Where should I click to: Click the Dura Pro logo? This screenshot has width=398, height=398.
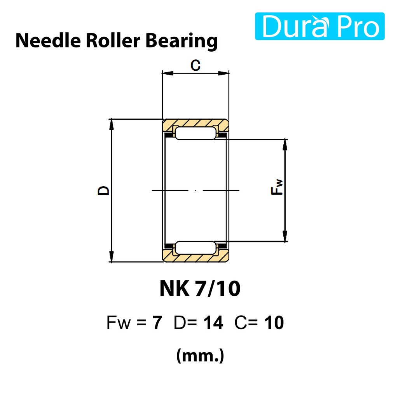pos(319,26)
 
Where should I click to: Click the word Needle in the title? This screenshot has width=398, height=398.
pos(48,40)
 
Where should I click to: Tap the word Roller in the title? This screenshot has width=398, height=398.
pos(113,40)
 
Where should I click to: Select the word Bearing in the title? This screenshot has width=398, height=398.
pos(182,41)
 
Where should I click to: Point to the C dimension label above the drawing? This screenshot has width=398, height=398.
pos(196,65)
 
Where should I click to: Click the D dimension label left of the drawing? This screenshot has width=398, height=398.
pos(103,190)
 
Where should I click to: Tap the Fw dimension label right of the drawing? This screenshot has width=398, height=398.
pos(277,187)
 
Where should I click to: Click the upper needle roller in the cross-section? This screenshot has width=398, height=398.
pos(196,133)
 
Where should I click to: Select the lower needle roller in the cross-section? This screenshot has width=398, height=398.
pos(196,248)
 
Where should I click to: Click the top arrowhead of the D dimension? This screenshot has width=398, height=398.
pos(111,124)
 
